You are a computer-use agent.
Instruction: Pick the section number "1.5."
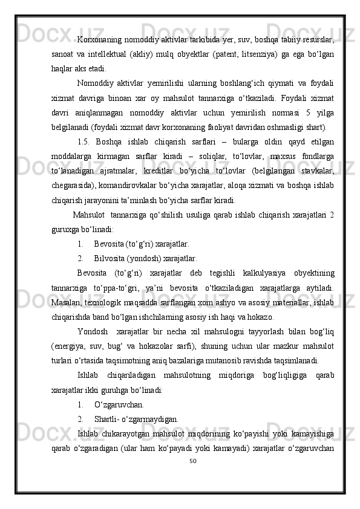tap(86, 142)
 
